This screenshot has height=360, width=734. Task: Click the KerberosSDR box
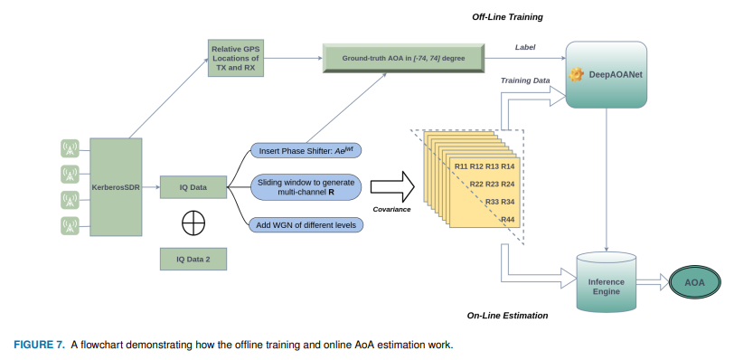pos(116,187)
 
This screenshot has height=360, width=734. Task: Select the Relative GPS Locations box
pos(235,58)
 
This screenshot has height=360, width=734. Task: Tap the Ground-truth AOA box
pos(403,59)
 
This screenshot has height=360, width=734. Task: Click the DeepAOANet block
pos(607,74)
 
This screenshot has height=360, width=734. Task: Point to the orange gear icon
pos(576,75)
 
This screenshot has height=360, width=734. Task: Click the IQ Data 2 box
pos(193,259)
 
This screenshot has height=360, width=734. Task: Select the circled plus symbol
pos(193,223)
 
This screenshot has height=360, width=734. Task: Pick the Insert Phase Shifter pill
pos(306,151)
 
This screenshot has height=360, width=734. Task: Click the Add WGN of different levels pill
pos(306,225)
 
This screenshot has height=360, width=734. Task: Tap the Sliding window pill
pos(306,187)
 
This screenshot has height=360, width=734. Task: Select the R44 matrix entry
pos(508,219)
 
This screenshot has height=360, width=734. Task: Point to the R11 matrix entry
pos(461,166)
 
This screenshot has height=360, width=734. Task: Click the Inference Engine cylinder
pos(607,282)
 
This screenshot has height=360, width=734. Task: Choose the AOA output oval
pos(694,283)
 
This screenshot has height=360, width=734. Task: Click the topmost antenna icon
pos(71,149)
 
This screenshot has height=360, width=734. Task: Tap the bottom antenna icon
pos(71,225)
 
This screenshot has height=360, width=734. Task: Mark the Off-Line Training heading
pos(507,17)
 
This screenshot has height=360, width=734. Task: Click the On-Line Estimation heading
pos(507,316)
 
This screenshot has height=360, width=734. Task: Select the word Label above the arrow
pos(525,47)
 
